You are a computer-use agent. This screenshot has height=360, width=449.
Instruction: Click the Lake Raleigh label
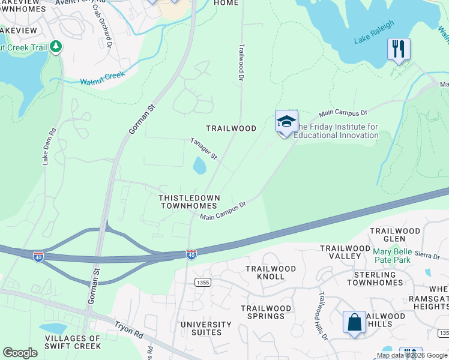pyautogui.click(x=374, y=32)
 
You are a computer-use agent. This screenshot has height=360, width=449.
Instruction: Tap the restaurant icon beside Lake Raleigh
pyautogui.click(x=399, y=49)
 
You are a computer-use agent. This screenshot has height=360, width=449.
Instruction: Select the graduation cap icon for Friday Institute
pyautogui.click(x=286, y=122)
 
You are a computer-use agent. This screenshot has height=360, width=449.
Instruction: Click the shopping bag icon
pyautogui.click(x=354, y=322)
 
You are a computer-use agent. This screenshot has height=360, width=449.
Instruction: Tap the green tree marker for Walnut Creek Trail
pyautogui.click(x=56, y=46)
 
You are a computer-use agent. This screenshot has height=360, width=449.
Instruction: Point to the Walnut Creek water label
pyautogui.click(x=102, y=78)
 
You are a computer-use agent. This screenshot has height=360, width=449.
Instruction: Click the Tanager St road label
pyautogui.click(x=203, y=149)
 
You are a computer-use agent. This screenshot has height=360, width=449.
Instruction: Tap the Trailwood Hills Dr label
pyautogui.click(x=323, y=307)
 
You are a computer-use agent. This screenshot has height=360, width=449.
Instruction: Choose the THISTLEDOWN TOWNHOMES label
pyautogui.click(x=189, y=202)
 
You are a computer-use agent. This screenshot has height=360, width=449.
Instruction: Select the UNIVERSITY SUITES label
pyautogui.click(x=206, y=329)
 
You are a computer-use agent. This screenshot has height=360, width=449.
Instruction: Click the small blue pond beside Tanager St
pyautogui.click(x=199, y=165)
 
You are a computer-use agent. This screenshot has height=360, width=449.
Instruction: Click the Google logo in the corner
pyautogui.click(x=20, y=353)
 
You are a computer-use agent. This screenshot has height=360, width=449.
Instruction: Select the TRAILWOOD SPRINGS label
pyautogui.click(x=267, y=312)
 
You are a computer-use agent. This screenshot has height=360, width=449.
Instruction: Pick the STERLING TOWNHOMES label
pyautogui.click(x=379, y=278)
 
